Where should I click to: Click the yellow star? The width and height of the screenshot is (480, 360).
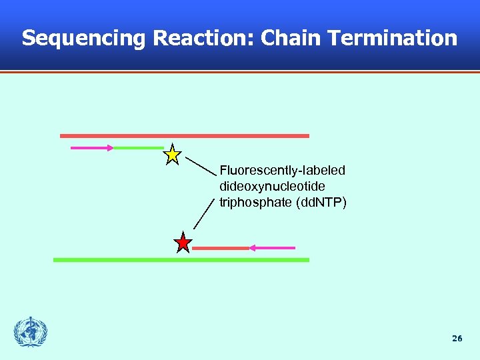[x=172, y=155]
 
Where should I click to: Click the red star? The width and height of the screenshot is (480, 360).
[x=183, y=243]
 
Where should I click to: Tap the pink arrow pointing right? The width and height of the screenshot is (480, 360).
[x=92, y=147]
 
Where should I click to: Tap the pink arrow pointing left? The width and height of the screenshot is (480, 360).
[x=272, y=248]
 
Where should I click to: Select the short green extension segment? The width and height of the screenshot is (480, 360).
[x=138, y=147]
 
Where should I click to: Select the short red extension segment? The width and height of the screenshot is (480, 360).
[x=220, y=248]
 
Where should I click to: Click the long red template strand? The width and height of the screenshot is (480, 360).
[x=185, y=135]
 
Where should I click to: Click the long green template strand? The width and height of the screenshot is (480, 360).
[x=181, y=260]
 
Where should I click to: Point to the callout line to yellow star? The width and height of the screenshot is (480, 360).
[x=200, y=165]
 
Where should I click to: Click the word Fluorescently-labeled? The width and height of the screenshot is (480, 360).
[x=282, y=171]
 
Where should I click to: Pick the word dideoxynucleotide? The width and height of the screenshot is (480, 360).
[x=272, y=187]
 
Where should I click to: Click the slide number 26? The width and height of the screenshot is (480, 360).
[x=457, y=339]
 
